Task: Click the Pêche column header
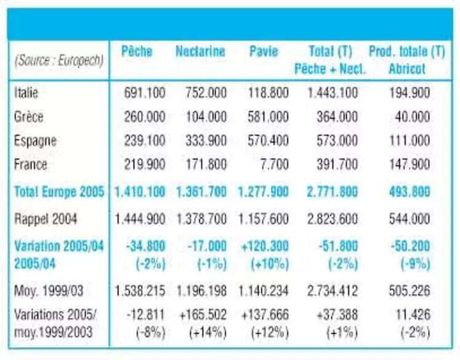(x=137, y=51)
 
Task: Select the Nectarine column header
(x=200, y=51)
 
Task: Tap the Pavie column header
(x=264, y=51)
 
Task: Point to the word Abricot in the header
(x=407, y=69)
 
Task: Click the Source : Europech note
(x=59, y=61)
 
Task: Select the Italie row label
(x=26, y=93)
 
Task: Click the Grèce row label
(x=28, y=117)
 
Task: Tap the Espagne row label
(x=35, y=141)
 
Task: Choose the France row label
(x=31, y=164)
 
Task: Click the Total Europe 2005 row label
(x=59, y=192)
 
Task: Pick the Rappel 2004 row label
(x=46, y=219)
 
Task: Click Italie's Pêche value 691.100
(x=145, y=93)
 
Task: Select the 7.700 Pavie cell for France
(x=274, y=164)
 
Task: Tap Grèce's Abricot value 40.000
(x=412, y=117)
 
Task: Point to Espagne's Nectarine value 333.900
(x=206, y=141)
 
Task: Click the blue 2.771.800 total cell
(x=332, y=192)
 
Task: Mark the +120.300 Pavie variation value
(x=265, y=246)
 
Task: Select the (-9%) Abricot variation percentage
(x=416, y=264)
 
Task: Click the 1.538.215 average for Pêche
(x=140, y=291)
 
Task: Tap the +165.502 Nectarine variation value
(x=203, y=314)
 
